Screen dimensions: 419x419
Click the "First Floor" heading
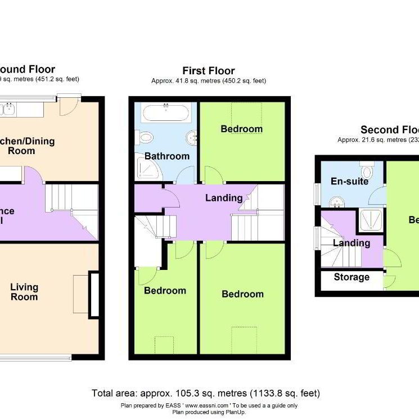tap(208, 70)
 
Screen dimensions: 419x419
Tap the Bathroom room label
tap(167, 156)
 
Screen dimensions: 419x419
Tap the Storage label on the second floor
tap(352, 277)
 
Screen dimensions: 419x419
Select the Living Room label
tap(24, 292)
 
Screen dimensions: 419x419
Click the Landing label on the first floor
tap(224, 198)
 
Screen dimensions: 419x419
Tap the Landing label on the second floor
tap(351, 243)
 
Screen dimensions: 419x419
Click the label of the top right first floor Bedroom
tap(241, 129)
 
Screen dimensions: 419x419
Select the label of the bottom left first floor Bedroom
tap(165, 291)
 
